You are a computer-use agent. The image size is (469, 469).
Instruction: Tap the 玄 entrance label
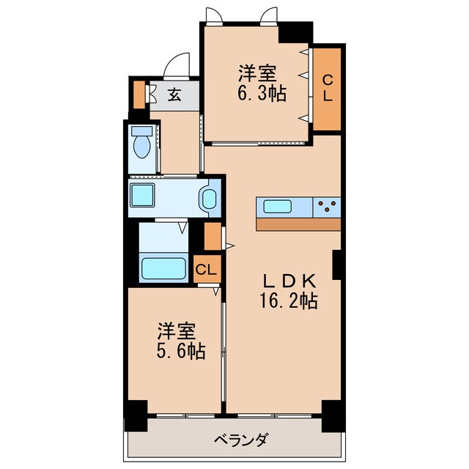(x=174, y=95)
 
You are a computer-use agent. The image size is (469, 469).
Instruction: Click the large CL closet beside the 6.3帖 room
(x=328, y=88)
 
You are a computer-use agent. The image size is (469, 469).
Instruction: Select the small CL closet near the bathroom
(x=206, y=269)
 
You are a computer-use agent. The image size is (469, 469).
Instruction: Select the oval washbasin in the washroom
(x=209, y=199)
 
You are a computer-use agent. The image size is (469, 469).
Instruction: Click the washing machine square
(x=142, y=197)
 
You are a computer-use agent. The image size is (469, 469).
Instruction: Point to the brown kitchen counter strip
(x=298, y=224)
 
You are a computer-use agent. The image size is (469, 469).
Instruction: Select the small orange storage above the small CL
(x=213, y=236)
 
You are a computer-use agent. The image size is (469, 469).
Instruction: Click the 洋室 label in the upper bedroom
(x=256, y=74)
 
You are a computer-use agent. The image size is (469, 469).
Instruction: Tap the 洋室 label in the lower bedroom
(x=175, y=330)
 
